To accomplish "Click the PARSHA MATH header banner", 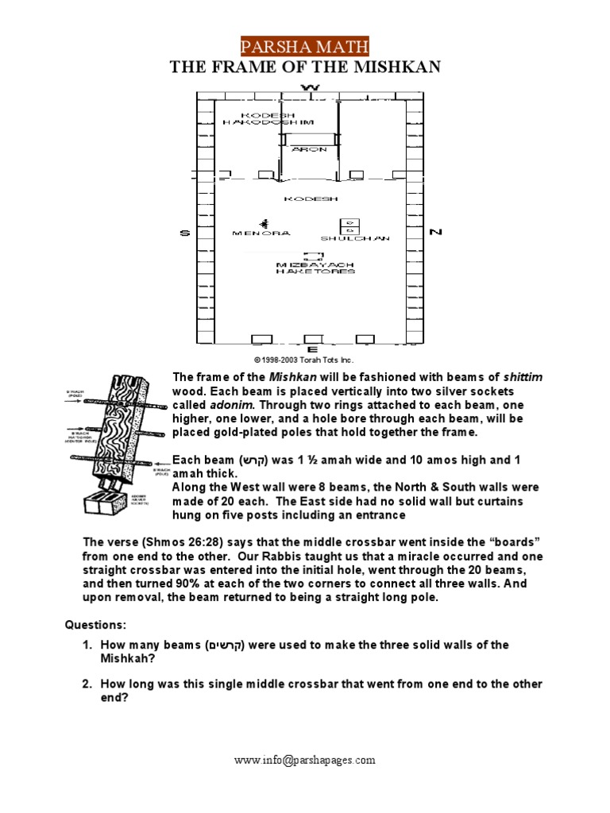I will [x=305, y=46].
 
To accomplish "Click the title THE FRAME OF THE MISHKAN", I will [x=305, y=67].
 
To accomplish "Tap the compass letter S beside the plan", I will [x=184, y=232].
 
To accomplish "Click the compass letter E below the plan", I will [x=312, y=349].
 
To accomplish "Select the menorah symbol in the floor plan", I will [x=263, y=223].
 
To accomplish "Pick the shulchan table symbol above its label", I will [x=350, y=225].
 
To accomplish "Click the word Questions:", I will [x=95, y=625].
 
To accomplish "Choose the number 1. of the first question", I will [x=90, y=645].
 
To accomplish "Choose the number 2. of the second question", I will [x=90, y=684].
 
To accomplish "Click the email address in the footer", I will [x=305, y=760].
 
